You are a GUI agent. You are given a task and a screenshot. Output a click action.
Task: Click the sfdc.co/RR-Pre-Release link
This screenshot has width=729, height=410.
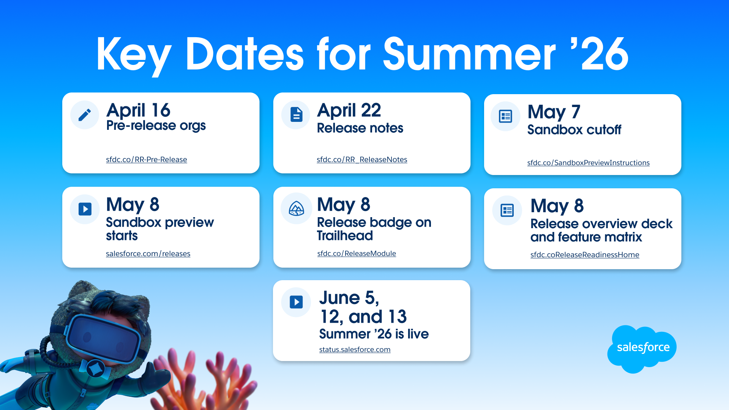click(x=147, y=159)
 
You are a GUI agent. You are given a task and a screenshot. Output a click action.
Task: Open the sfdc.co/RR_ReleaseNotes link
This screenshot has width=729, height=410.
click(x=362, y=159)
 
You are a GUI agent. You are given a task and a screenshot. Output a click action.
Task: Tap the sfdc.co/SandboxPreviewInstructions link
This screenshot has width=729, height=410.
click(x=588, y=162)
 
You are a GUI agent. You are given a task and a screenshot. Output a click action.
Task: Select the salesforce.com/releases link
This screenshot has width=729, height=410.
click(x=148, y=254)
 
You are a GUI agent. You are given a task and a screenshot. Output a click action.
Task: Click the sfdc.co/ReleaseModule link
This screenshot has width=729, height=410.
click(x=357, y=253)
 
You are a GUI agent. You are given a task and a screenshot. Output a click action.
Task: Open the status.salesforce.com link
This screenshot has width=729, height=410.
click(x=355, y=349)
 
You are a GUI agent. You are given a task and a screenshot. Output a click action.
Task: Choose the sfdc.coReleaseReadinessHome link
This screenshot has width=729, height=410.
click(x=585, y=255)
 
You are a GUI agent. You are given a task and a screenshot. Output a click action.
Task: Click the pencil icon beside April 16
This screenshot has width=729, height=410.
click(x=85, y=115)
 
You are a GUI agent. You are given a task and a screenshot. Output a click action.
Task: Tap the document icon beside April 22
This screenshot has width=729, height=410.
click(x=296, y=115)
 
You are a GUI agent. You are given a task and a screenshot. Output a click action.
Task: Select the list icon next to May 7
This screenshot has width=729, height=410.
click(x=505, y=116)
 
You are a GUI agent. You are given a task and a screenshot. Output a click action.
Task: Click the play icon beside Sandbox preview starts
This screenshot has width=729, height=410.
click(x=85, y=209)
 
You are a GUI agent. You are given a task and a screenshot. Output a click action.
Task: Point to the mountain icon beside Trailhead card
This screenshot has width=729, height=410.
click(x=296, y=208)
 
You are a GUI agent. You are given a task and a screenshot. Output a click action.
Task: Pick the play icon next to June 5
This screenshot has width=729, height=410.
click(x=296, y=302)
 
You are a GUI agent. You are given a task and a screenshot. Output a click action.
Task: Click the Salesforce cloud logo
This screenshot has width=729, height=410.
click(x=642, y=348)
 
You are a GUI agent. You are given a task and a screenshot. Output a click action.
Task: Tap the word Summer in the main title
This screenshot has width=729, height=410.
click(x=469, y=54)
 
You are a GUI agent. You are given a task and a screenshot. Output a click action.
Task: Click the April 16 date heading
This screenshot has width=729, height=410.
click(x=138, y=110)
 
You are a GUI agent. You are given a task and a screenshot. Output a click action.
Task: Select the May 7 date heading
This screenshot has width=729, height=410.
click(x=554, y=112)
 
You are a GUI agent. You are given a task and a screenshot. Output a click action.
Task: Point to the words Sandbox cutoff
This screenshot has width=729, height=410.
click(x=574, y=130)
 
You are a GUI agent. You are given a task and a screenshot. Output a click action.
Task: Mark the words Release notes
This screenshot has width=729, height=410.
click(x=360, y=128)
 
